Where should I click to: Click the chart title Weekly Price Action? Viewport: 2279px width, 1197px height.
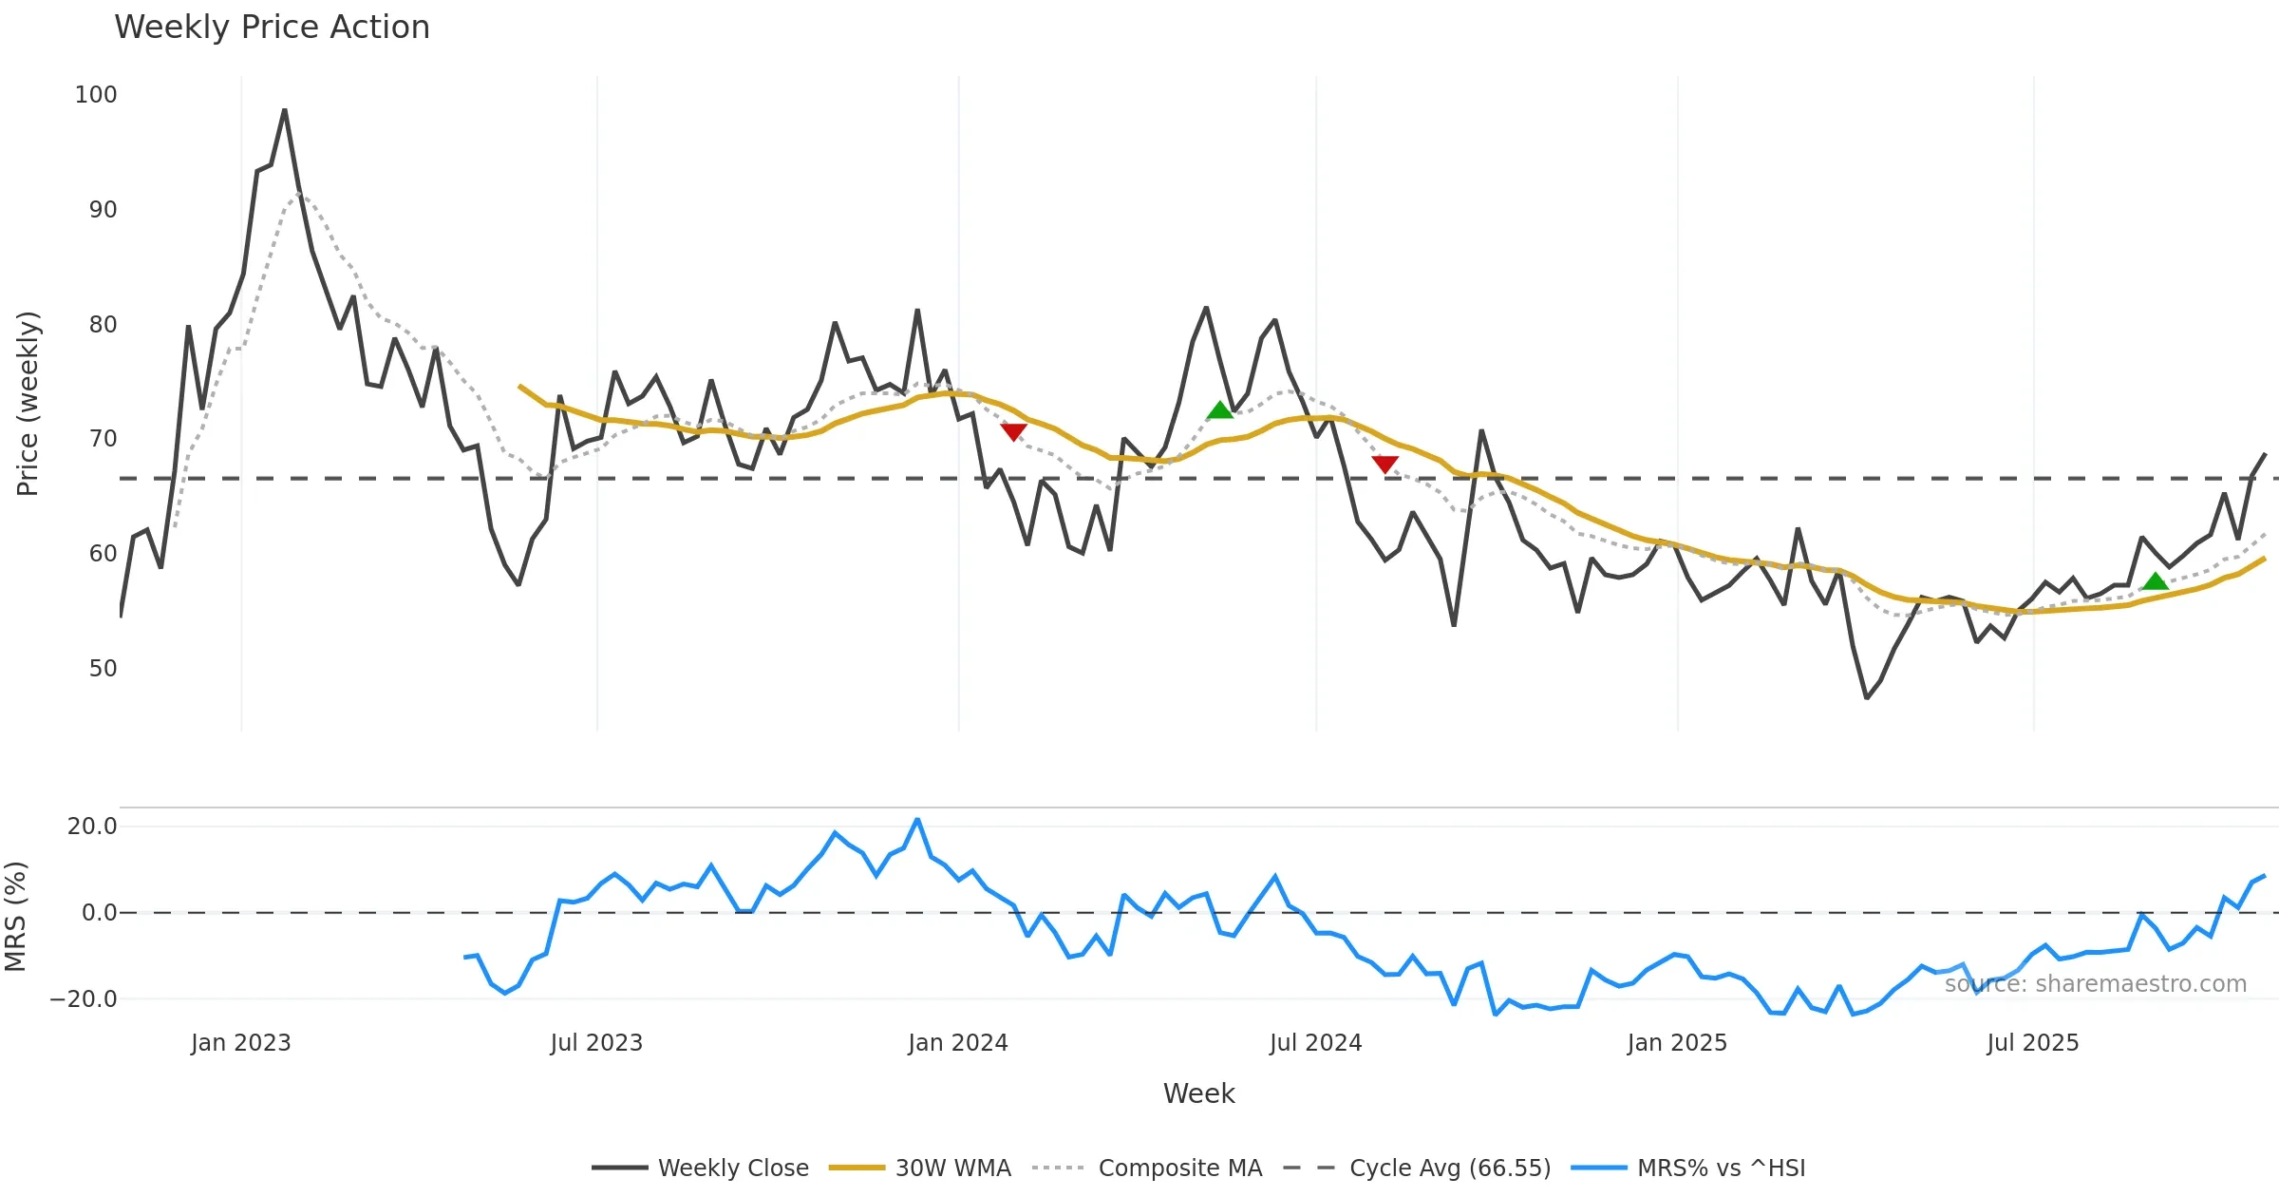pos(272,28)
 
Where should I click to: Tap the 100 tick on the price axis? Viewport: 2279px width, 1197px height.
pos(96,95)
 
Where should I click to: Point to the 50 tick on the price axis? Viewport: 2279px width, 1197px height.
pos(103,669)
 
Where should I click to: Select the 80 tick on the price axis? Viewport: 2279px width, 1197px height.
pos(103,325)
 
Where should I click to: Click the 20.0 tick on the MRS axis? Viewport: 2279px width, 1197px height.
pos(92,826)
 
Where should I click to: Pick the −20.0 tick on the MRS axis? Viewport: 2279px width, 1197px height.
pos(84,999)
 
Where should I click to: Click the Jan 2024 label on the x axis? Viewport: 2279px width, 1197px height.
pos(957,1043)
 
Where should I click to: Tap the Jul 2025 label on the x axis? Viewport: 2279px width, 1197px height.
pos(2032,1043)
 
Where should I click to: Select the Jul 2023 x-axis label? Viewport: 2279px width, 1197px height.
pos(596,1043)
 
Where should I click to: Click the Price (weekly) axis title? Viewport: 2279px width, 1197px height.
pos(28,404)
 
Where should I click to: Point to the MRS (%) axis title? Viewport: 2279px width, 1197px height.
pos(16,917)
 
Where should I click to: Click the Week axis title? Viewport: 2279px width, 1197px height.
pos(1198,1094)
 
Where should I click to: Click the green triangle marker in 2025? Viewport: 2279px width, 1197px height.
pos(2155,581)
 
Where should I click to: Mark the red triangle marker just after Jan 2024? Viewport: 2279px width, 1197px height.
pos(1013,432)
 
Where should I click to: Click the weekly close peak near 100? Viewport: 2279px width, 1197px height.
pos(284,111)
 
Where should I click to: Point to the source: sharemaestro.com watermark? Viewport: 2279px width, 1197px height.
pos(2095,984)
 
